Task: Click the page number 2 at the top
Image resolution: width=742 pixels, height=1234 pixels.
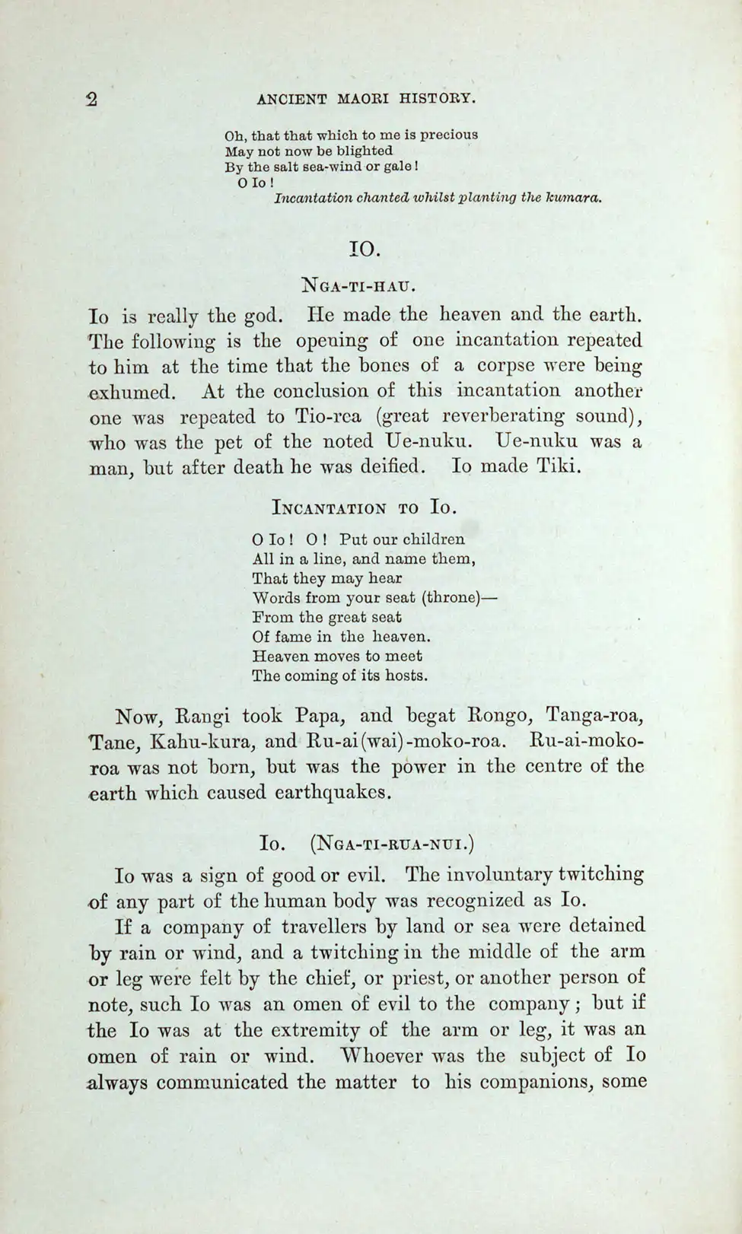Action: pos(91,100)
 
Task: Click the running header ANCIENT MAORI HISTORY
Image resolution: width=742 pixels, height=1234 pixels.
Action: pos(367,99)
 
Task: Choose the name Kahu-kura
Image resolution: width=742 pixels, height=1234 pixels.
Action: pos(198,742)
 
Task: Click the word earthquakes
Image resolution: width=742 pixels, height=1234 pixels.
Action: pos(330,793)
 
